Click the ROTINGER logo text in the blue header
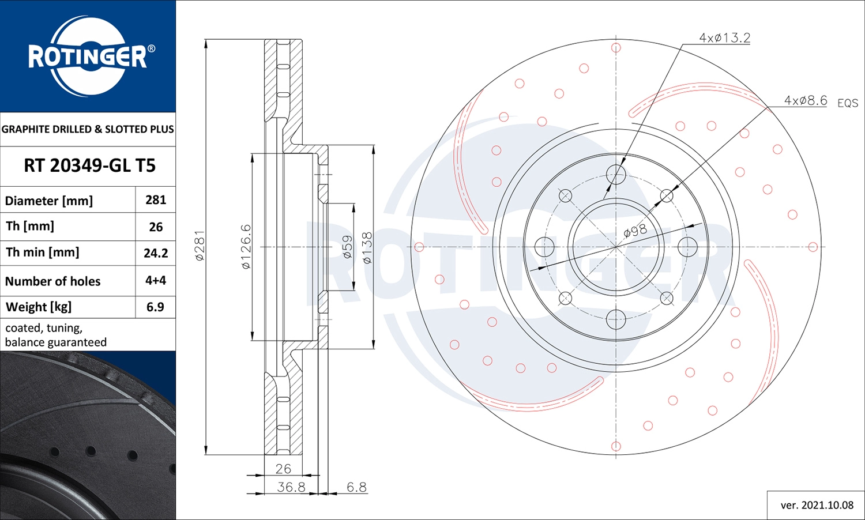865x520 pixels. coord(88,56)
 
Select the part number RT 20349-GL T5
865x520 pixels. coord(89,166)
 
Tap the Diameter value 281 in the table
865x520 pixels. coord(156,200)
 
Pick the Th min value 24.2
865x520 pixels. coord(156,253)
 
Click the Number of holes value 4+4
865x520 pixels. coord(156,281)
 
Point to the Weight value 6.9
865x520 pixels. coord(155,307)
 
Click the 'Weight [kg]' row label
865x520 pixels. coord(39,307)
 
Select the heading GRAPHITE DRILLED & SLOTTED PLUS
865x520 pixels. coord(88,130)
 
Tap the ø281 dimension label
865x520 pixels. coord(200,246)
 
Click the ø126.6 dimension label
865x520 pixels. coord(246,247)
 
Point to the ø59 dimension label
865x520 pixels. coord(347,247)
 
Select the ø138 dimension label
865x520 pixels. coord(367,248)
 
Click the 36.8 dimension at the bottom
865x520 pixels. coord(291,487)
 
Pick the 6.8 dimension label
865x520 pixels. coord(356,487)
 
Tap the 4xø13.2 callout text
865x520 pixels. coord(724,38)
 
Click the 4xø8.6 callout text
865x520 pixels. coord(805,101)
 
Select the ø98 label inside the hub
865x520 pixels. coord(635,231)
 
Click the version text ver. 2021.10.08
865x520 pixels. coord(817,506)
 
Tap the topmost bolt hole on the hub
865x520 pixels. coord(616,174)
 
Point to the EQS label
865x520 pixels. coord(848,103)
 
